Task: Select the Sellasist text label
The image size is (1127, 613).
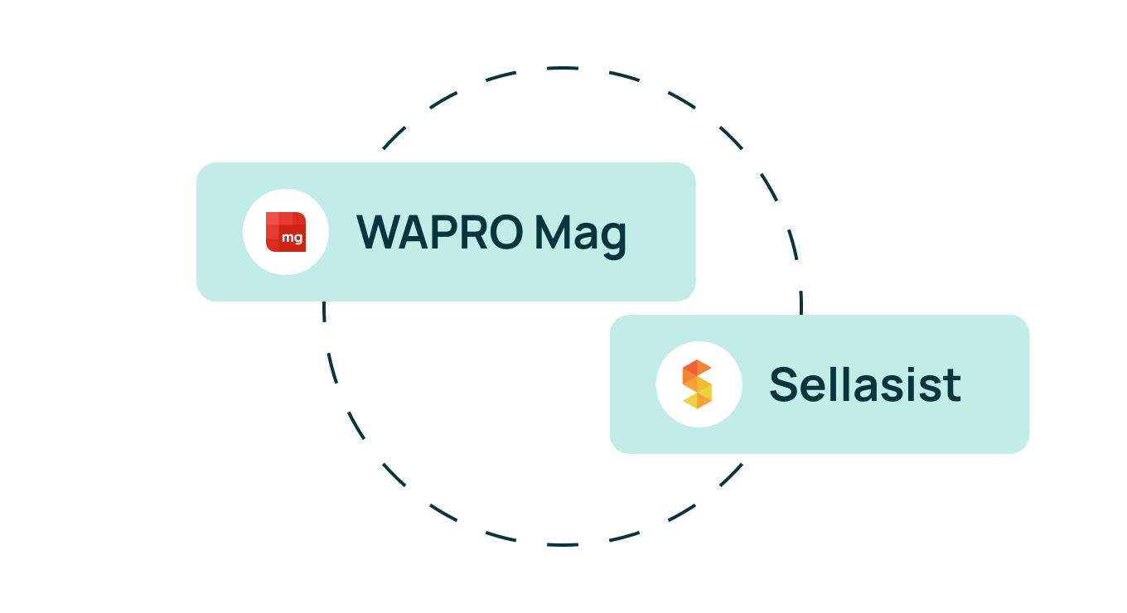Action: coord(865,384)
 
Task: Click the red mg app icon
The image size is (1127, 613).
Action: coord(286,232)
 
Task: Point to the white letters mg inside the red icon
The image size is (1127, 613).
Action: coord(293,238)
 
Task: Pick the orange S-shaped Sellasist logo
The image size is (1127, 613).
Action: coord(698,384)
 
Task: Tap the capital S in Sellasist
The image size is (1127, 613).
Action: coord(783,384)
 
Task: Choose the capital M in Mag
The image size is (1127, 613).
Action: coord(552,232)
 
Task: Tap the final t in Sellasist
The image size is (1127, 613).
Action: coord(953,387)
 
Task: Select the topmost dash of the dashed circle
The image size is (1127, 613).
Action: coord(563,68)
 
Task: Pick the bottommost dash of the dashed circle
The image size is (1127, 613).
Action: coord(563,544)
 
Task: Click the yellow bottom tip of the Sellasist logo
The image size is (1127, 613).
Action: coord(698,405)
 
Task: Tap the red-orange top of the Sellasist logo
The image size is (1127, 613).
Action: coord(697,367)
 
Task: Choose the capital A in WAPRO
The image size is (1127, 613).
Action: coord(414,232)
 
